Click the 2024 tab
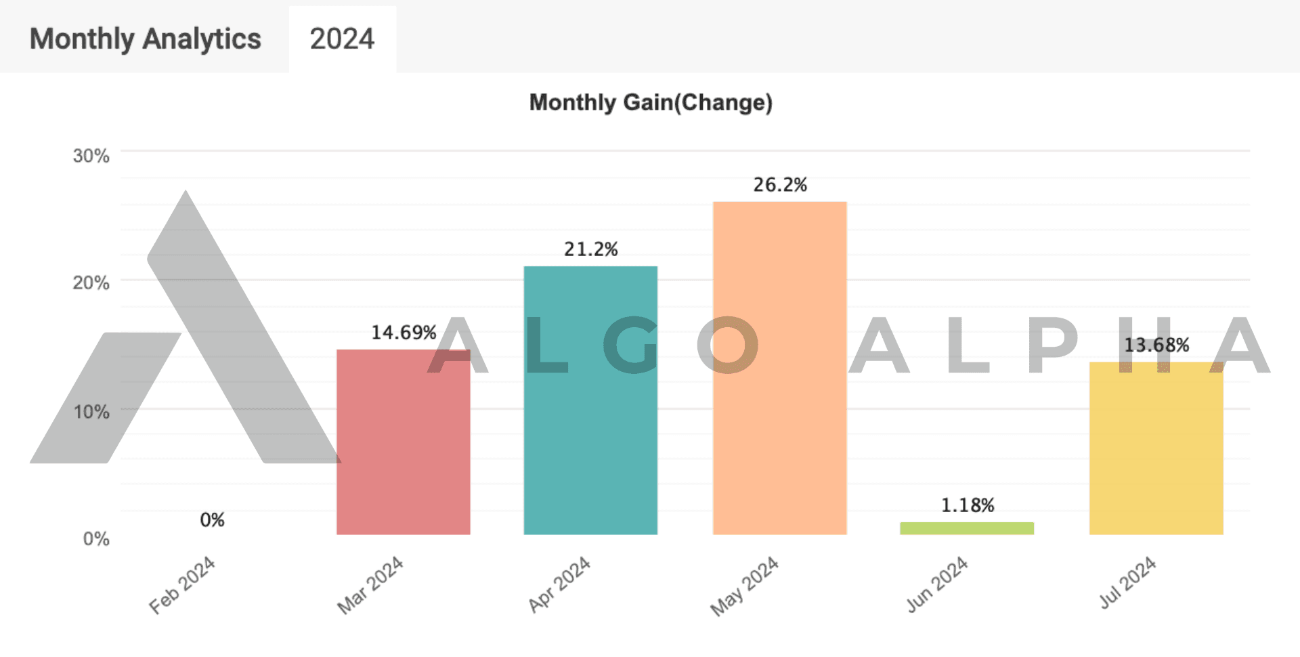[x=342, y=39]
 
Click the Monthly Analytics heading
[x=146, y=39]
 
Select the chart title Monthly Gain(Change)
[x=651, y=102]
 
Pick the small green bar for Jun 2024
[x=967, y=528]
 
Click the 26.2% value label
[x=780, y=185]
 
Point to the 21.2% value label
[x=591, y=249]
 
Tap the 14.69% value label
[x=404, y=333]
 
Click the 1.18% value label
[x=968, y=505]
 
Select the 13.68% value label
[x=1156, y=345]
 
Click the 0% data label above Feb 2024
[x=212, y=520]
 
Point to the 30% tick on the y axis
[x=91, y=156]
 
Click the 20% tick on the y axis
[x=91, y=282]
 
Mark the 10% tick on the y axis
[x=91, y=412]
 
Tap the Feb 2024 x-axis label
[x=182, y=585]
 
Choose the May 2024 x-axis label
[x=744, y=587]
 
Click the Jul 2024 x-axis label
[x=1127, y=582]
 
